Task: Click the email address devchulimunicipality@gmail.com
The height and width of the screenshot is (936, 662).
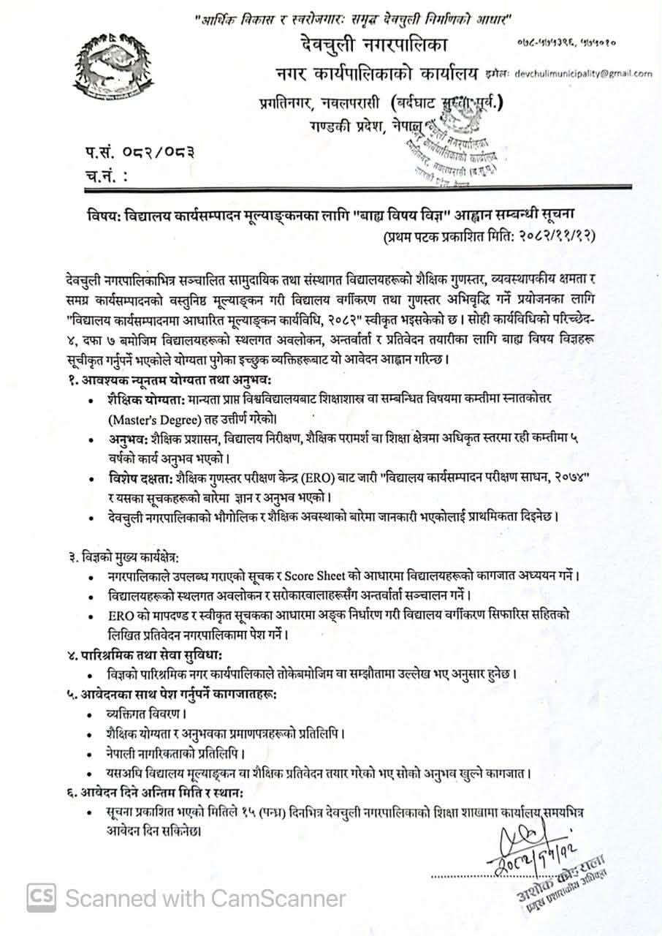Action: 594,73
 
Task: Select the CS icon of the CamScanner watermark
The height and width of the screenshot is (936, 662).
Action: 42,897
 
